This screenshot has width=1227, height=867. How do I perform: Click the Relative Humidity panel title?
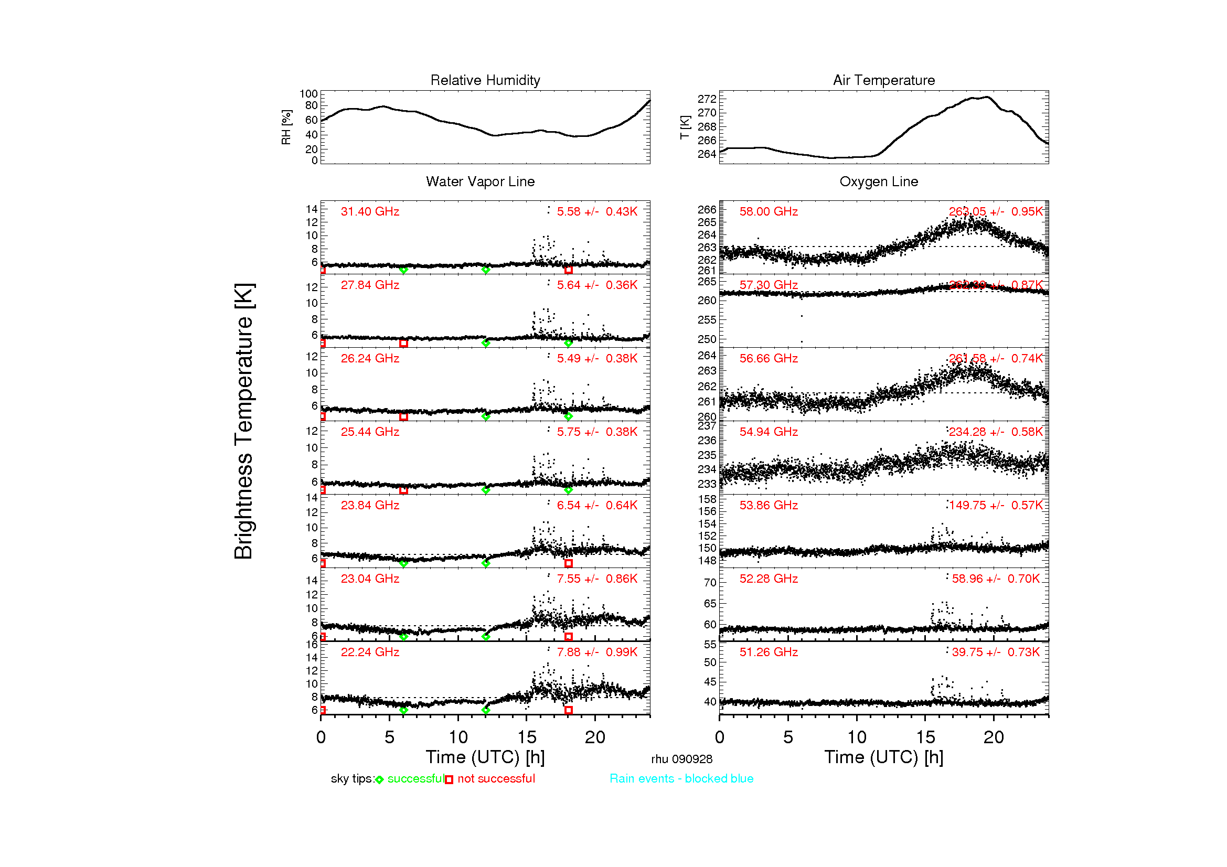(485, 80)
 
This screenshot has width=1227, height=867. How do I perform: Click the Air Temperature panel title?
(884, 80)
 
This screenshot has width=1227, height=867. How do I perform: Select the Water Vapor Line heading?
(480, 181)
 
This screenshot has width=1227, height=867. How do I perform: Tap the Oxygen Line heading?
(879, 181)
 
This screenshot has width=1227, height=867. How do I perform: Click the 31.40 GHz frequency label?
(370, 211)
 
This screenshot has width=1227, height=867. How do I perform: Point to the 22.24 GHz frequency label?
(370, 652)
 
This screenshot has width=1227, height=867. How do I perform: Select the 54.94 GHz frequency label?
(769, 432)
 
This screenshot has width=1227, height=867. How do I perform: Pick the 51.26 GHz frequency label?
(769, 652)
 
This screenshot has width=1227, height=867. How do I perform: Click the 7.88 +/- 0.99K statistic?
(597, 652)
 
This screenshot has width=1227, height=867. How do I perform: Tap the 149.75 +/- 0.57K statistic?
(996, 505)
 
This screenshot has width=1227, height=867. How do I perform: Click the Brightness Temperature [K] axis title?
(244, 421)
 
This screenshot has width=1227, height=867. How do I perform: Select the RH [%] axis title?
(286, 127)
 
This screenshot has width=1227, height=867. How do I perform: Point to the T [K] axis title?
(685, 127)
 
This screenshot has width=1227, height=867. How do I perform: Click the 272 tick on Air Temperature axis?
(707, 99)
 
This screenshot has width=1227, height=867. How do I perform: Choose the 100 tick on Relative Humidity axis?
(308, 94)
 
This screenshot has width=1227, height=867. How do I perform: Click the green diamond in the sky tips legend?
(379, 780)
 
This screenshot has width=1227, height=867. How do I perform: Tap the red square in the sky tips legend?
(449, 780)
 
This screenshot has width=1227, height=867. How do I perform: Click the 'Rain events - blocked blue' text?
(681, 779)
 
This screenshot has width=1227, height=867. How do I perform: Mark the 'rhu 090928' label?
(681, 759)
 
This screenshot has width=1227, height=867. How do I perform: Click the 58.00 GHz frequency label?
(769, 211)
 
